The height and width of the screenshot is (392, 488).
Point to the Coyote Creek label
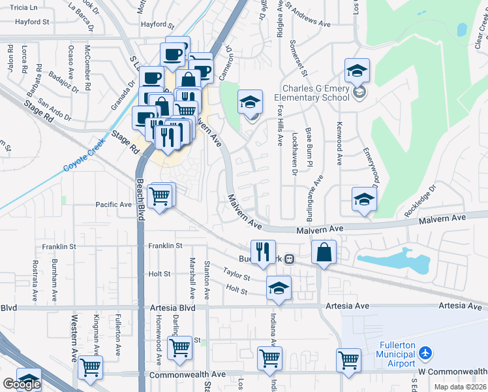tap(84, 157)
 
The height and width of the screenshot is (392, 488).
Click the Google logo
tap(22, 384)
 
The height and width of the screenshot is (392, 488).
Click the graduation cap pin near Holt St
tap(279, 288)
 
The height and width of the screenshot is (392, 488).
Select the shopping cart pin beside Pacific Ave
tap(160, 195)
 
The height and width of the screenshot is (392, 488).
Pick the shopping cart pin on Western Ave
tap(90, 367)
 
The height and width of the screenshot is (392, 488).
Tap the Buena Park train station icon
tap(288, 259)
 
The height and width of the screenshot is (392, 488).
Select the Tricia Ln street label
tap(24, 7)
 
